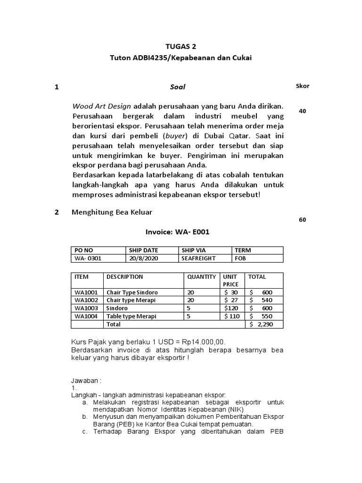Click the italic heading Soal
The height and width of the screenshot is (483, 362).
[x=177, y=87]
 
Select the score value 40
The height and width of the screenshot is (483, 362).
[x=302, y=111]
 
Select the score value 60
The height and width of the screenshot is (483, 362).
[x=302, y=220]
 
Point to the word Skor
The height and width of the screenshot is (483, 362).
[x=302, y=86]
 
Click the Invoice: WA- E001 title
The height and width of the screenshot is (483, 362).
[x=177, y=232]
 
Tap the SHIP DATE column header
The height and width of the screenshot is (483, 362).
[x=143, y=250]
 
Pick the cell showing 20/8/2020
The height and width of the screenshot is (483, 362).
[x=141, y=258]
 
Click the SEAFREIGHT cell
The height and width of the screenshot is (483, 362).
[x=198, y=258]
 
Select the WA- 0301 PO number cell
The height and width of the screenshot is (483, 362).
[x=88, y=258]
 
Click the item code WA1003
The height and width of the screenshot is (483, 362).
[x=86, y=308]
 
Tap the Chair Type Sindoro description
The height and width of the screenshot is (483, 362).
[x=132, y=292]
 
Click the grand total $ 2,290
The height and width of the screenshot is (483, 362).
[x=262, y=325]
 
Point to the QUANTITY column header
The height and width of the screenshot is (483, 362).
[x=201, y=277]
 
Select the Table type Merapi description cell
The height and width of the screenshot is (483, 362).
[x=131, y=316]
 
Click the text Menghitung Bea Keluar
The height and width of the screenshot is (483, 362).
[x=112, y=212]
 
